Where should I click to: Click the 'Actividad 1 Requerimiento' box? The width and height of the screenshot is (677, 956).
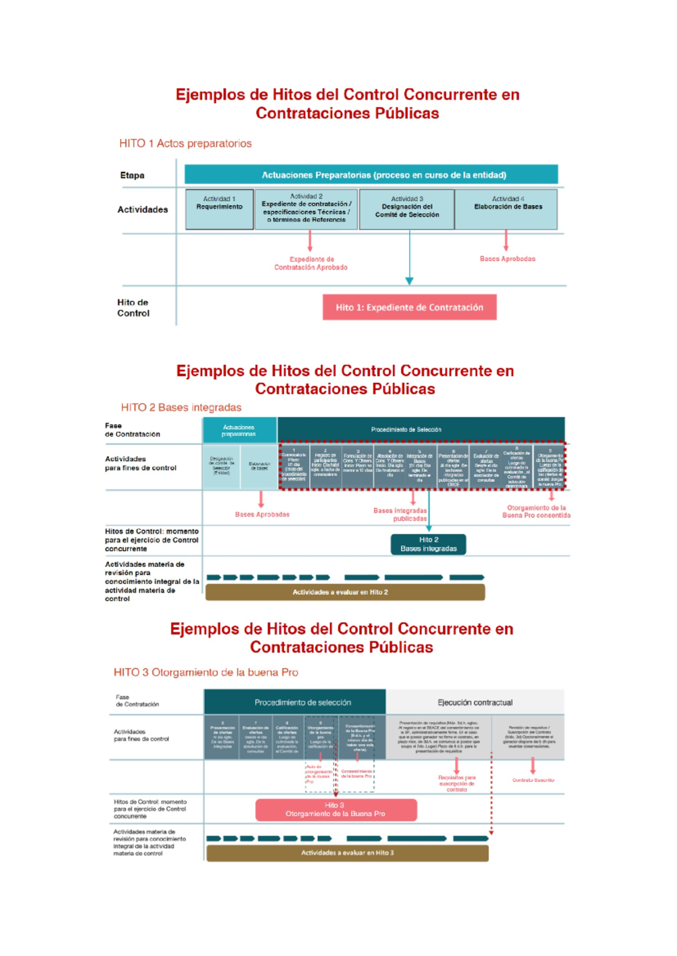click(x=219, y=209)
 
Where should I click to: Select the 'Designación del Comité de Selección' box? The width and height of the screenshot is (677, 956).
click(x=407, y=209)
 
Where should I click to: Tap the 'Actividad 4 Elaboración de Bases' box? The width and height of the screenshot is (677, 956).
click(x=507, y=209)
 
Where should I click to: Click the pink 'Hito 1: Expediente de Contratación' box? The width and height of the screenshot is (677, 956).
click(x=410, y=307)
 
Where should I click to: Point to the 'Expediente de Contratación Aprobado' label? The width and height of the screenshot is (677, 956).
click(x=311, y=263)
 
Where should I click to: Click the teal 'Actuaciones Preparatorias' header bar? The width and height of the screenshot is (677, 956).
click(x=371, y=175)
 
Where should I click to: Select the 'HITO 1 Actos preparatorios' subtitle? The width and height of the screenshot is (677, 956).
click(x=185, y=143)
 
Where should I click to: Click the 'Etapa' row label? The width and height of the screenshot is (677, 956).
click(x=132, y=175)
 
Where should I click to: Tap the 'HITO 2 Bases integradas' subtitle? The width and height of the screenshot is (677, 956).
click(x=181, y=407)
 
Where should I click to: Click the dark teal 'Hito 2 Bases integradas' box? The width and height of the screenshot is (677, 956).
click(x=429, y=544)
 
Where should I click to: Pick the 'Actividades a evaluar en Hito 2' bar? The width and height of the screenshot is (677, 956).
click(x=345, y=592)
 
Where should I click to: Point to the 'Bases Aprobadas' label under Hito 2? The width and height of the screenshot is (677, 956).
click(x=262, y=514)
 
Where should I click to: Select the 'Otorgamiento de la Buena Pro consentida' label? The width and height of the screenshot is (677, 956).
click(x=536, y=511)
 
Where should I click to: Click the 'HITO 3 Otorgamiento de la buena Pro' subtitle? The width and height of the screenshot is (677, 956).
click(x=206, y=672)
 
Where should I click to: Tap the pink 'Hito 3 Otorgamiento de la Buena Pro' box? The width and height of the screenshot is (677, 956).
click(x=336, y=809)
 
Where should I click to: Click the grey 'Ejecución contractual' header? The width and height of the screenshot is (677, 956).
click(x=475, y=702)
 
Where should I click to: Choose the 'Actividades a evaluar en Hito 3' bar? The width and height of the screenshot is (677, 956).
click(x=347, y=853)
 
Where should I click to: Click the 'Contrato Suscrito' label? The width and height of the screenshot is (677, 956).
click(x=533, y=780)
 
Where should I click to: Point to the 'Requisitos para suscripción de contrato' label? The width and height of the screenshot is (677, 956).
click(x=456, y=784)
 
